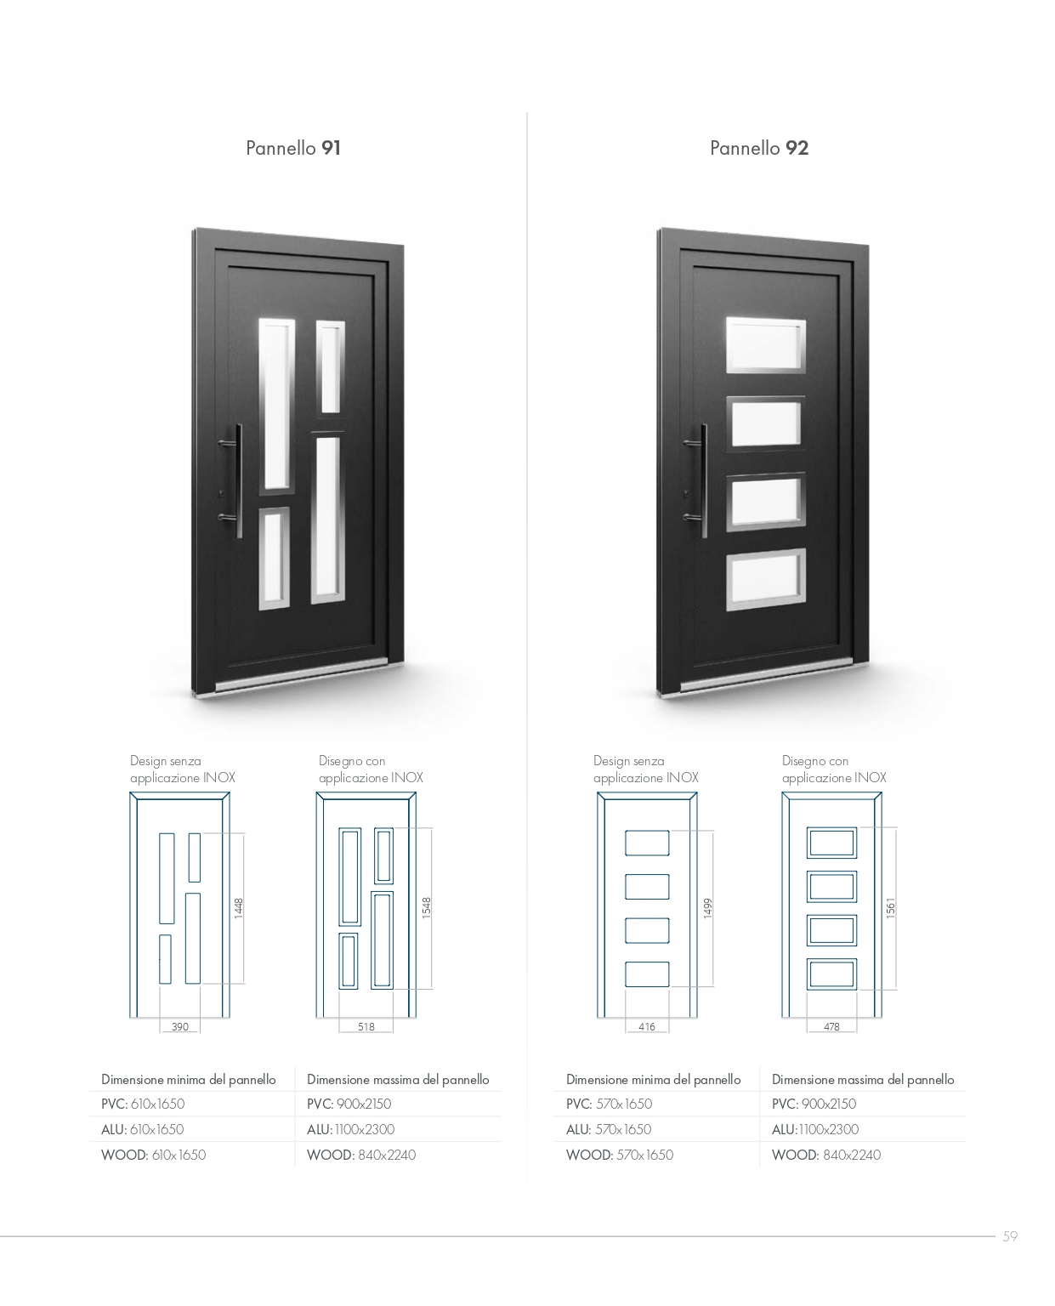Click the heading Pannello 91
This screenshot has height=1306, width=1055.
(x=293, y=148)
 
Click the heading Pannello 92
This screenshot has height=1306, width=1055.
(x=759, y=148)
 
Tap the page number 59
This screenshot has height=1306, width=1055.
(x=1010, y=1237)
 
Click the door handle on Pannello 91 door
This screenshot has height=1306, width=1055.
(x=238, y=480)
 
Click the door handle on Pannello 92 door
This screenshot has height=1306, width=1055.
(x=703, y=480)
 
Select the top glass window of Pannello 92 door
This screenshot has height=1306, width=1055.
(x=766, y=345)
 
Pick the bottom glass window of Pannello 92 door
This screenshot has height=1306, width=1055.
(x=766, y=579)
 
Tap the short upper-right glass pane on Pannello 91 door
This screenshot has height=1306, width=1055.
(x=331, y=366)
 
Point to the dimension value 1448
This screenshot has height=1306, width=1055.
(x=239, y=908)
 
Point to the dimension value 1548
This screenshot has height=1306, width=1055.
(x=427, y=907)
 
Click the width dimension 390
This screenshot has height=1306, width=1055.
(x=179, y=1026)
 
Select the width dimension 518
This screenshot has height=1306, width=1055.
(x=366, y=1026)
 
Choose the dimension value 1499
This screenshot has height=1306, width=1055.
(x=708, y=908)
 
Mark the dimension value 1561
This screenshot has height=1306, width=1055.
(x=891, y=907)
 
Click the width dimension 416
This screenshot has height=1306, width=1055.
(x=647, y=1026)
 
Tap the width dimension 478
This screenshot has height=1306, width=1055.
(x=832, y=1026)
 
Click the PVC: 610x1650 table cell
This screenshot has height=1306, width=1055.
(x=143, y=1104)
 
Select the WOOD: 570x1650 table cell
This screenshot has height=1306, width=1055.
(x=620, y=1155)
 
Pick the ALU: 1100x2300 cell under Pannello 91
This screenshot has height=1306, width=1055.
(x=350, y=1129)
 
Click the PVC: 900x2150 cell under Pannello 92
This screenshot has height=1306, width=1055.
(x=814, y=1104)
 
